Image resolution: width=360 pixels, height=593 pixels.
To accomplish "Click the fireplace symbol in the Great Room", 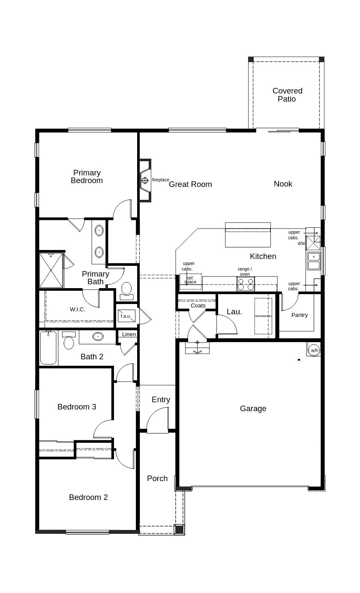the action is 145,180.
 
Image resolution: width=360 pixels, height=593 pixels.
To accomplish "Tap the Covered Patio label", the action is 287,95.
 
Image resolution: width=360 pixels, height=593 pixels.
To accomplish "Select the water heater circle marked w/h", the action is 314,350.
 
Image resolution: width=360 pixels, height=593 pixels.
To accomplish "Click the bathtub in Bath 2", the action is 48,348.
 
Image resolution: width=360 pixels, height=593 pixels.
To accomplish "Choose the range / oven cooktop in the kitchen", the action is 246,284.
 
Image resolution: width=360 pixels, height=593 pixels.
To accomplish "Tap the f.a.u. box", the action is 126,316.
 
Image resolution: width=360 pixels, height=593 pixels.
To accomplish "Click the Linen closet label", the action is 129,334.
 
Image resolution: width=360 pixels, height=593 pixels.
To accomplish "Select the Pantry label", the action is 300,315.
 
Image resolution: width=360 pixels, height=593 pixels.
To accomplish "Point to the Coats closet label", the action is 198,305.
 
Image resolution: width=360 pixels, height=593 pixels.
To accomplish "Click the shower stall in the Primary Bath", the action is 51,270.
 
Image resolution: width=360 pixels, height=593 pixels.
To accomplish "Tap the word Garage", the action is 253,409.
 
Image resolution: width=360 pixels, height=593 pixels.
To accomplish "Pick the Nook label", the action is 283,184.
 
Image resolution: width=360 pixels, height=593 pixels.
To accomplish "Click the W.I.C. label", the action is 77,309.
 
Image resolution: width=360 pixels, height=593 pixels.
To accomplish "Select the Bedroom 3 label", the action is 77,406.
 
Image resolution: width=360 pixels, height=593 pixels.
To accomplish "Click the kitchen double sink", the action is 314,261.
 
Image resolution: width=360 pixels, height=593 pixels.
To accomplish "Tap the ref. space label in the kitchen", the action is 190,280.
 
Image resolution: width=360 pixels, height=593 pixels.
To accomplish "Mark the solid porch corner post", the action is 179,530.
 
